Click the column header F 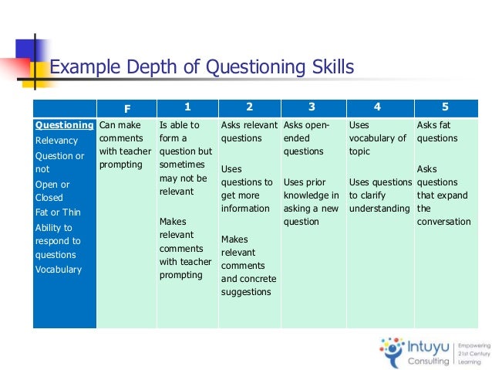[x=127, y=108]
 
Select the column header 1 [x=187, y=107]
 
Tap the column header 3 [x=312, y=107]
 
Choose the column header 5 [x=446, y=107]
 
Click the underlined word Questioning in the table [x=65, y=125]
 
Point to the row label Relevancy [x=56, y=141]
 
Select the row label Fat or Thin [x=59, y=212]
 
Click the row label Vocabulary [x=59, y=270]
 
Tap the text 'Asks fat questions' [x=437, y=132]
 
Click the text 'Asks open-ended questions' [x=306, y=138]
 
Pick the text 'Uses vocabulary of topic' [x=377, y=138]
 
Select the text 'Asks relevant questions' [x=249, y=132]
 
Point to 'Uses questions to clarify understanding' [x=379, y=195]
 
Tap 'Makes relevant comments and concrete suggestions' [x=248, y=266]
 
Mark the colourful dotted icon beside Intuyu [x=393, y=348]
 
